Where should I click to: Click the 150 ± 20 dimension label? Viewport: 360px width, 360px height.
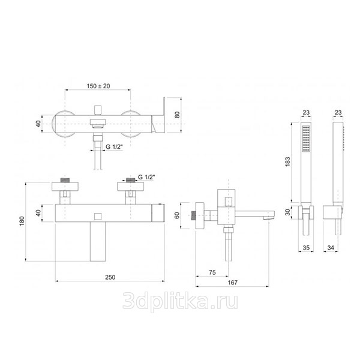pos(98,86)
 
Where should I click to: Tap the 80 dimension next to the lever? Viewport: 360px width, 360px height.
pos(178,115)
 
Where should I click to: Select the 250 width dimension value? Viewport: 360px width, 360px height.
pos(110,277)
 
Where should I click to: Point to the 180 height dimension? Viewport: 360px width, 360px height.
pos(22,221)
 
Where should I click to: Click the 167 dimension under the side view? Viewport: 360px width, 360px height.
pos(233,283)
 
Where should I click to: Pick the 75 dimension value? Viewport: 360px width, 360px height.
pos(212,272)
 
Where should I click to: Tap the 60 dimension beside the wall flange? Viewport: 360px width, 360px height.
pos(177,215)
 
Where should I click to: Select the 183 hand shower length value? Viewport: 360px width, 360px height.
pos(287,162)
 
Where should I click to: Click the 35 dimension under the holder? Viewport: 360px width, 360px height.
pos(306,248)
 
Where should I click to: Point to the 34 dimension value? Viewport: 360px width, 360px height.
pos(331,248)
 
